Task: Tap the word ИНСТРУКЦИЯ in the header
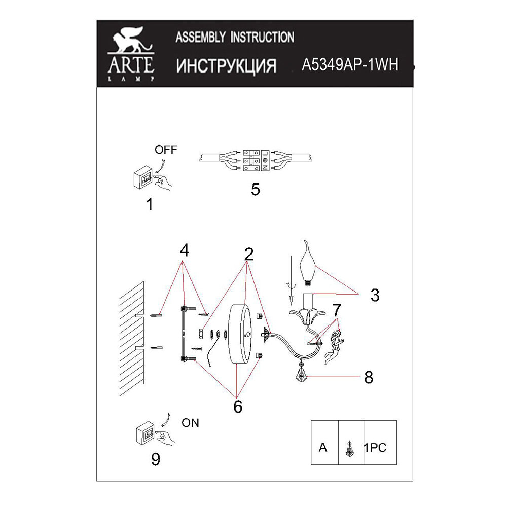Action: coord(226,66)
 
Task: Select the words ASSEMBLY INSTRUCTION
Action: coord(234,37)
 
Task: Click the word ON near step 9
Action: coord(190,423)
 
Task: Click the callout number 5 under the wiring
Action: coord(255,190)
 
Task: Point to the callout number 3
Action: coord(374,295)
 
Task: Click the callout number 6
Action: coord(237,406)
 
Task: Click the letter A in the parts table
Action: coord(323,448)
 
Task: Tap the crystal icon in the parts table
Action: coord(349,448)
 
